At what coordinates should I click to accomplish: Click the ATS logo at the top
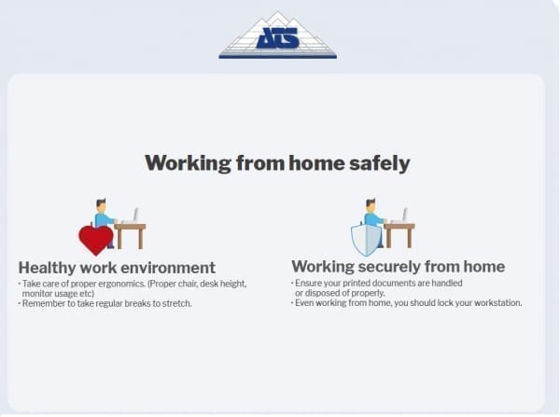277,35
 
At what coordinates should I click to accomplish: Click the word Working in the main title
189,164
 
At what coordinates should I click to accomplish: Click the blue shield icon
366,239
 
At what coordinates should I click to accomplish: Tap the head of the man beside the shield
371,206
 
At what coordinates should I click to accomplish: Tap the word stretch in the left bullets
176,303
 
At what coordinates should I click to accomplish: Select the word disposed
322,293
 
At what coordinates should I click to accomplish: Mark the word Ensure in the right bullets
307,283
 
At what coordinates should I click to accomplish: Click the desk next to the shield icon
399,235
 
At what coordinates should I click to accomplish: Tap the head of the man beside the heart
101,206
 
